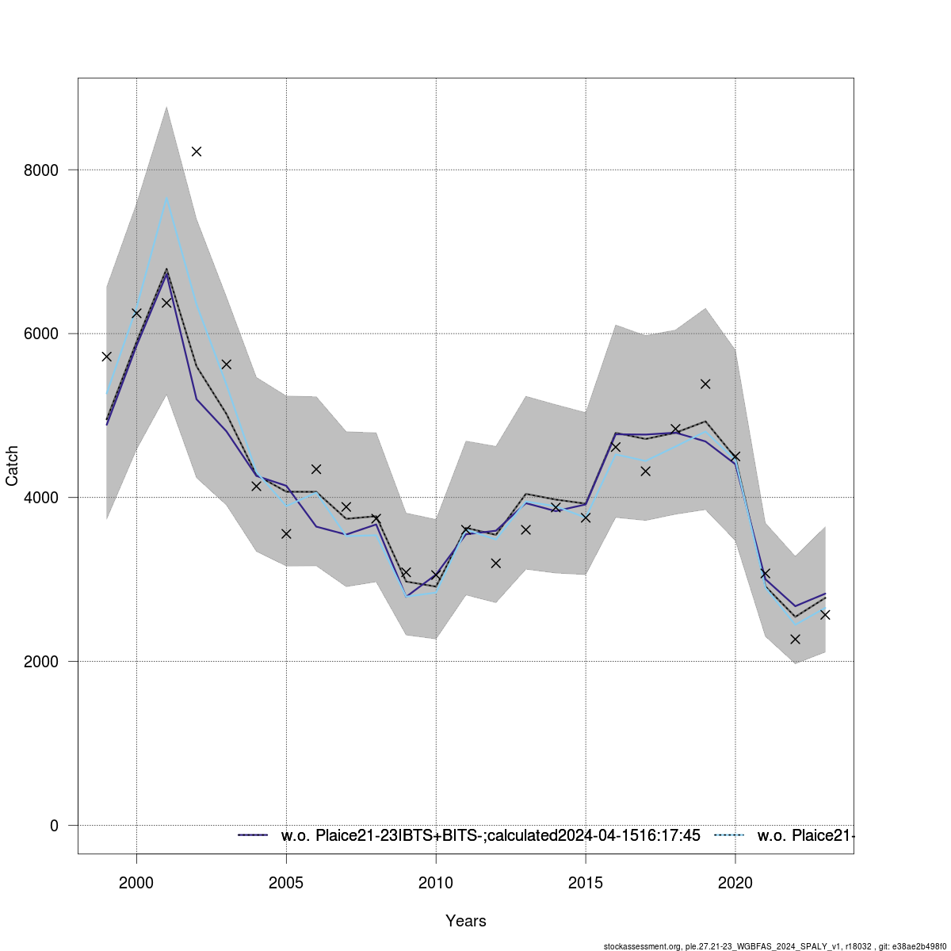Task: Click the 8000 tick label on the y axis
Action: click(43, 170)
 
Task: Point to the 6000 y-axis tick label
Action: click(43, 334)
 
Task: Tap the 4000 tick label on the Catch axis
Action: click(43, 498)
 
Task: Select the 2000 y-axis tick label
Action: click(43, 662)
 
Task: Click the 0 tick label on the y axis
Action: click(54, 826)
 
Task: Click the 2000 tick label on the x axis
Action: click(136, 881)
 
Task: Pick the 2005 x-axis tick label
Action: click(286, 881)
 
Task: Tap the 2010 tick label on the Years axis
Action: click(436, 881)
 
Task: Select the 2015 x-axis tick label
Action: click(586, 881)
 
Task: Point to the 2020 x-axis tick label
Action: click(735, 881)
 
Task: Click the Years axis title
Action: click(466, 921)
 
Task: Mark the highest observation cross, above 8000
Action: click(197, 151)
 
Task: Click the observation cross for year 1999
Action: click(106, 357)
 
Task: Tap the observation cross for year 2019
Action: click(705, 384)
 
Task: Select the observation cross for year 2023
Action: click(825, 614)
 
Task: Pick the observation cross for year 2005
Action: click(286, 533)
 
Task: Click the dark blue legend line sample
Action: click(254, 835)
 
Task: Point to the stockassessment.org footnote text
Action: click(777, 946)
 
